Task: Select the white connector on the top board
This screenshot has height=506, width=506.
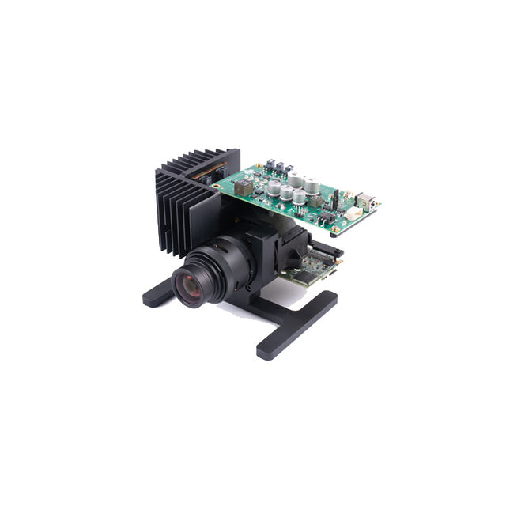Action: [x=353, y=213]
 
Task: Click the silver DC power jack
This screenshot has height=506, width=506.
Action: [x=365, y=199]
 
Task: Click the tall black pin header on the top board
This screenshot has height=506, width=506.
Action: [x=334, y=198]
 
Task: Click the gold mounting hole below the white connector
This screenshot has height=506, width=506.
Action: [x=336, y=229]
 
